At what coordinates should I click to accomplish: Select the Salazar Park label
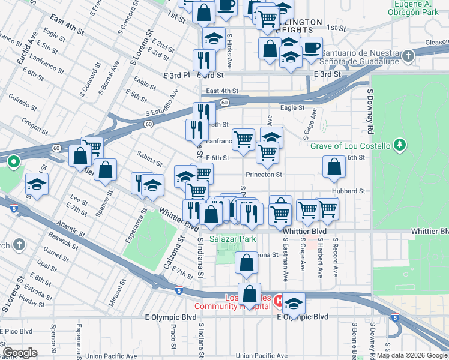(233, 239)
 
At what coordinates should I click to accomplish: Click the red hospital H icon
(279, 299)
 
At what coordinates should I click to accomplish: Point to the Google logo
(20, 353)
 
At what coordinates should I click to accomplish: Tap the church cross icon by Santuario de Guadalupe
(408, 57)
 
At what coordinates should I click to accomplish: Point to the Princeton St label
(264, 175)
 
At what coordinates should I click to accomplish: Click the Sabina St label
(149, 158)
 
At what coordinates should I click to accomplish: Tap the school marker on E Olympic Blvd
(294, 304)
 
